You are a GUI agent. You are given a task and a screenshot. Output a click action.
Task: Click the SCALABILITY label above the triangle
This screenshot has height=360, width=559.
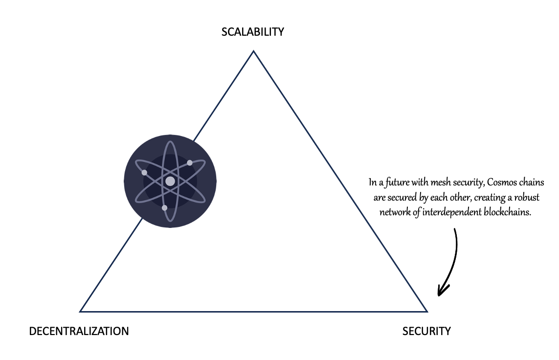click(x=252, y=32)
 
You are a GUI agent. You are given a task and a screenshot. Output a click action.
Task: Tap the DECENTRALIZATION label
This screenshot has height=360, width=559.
click(x=79, y=331)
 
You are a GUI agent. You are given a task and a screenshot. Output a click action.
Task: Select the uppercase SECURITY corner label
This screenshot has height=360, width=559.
click(x=426, y=331)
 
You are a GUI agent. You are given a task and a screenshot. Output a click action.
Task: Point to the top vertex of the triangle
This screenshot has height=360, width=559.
click(x=253, y=51)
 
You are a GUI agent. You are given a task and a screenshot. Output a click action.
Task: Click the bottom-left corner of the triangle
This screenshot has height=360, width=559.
click(x=81, y=311)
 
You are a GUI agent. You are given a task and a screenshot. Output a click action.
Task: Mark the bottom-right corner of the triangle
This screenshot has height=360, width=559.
click(x=427, y=311)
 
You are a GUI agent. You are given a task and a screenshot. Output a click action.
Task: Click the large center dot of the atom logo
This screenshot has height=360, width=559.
click(x=170, y=181)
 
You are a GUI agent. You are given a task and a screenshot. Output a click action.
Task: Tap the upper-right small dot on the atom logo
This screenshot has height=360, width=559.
click(x=190, y=163)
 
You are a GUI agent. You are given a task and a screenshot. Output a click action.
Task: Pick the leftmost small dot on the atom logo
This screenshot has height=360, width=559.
click(x=144, y=173)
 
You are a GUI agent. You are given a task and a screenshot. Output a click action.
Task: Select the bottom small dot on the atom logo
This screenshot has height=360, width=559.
click(x=164, y=208)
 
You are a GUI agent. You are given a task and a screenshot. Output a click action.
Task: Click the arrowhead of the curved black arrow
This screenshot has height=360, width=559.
click(x=440, y=292)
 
